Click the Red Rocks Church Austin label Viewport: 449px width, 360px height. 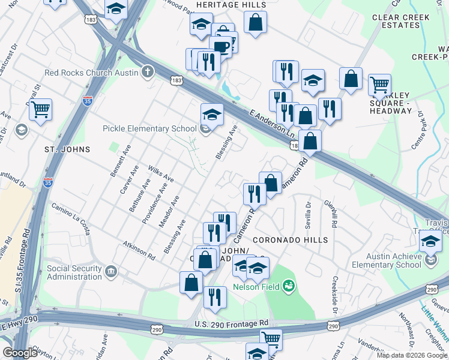pyautogui.click(x=91, y=73)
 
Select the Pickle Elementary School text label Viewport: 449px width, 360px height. pyautogui.click(x=149, y=128)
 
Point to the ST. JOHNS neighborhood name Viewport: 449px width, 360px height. pyautogui.click(x=67, y=149)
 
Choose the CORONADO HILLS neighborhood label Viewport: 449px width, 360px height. pyautogui.click(x=291, y=240)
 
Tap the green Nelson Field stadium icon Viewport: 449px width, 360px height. pyautogui.click(x=289, y=284)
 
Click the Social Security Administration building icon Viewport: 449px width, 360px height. pyautogui.click(x=110, y=272)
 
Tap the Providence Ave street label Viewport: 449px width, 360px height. pyautogui.click(x=154, y=204)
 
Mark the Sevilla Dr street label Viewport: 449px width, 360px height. pyautogui.click(x=309, y=212)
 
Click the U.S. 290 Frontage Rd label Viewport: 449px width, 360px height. pyautogui.click(x=231, y=324)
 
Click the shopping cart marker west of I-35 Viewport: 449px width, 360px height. pyautogui.click(x=40, y=109)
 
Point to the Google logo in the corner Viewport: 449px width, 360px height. pyautogui.click(x=20, y=353)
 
